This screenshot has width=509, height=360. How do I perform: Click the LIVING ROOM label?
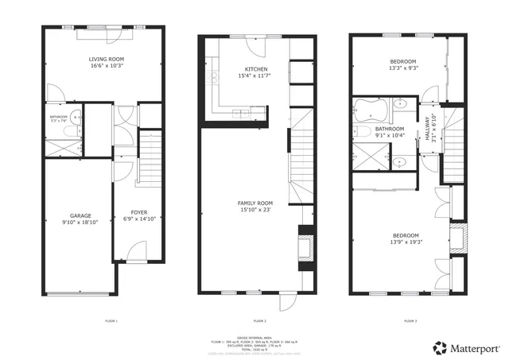pos(105,60)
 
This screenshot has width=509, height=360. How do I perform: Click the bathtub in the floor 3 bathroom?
pos(371,106)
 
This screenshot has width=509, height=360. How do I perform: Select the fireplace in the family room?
pos(305,245)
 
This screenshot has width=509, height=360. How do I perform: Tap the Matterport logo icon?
pos(439,347)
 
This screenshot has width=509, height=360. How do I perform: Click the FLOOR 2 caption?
pos(260,320)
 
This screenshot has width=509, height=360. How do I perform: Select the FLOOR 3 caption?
pos(409,320)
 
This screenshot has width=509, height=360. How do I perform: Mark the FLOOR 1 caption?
pos(111,320)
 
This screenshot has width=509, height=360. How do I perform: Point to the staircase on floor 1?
pos(150,157)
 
